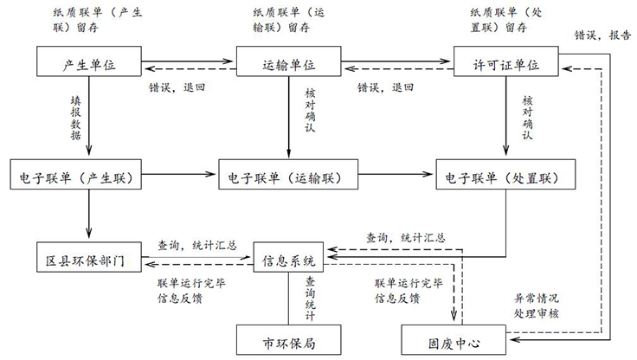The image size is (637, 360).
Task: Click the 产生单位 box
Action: point(90,64)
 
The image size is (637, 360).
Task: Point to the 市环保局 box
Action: point(288,340)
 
